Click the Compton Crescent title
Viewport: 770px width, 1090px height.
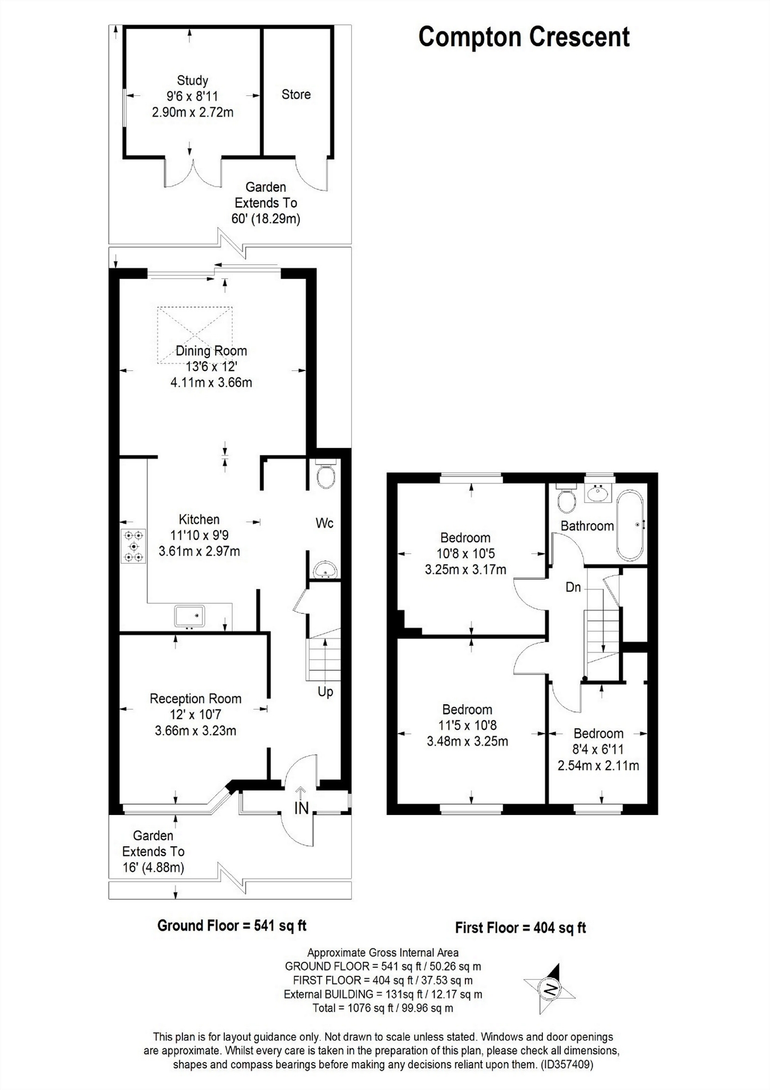click(x=524, y=38)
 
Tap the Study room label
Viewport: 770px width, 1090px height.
click(x=192, y=80)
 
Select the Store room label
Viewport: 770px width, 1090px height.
click(x=296, y=95)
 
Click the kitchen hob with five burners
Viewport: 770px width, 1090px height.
click(x=133, y=546)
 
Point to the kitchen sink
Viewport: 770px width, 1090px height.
click(x=189, y=616)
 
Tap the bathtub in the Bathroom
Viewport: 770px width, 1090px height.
click(x=630, y=524)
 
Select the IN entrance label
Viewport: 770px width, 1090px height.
click(x=301, y=808)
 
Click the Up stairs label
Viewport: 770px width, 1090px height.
click(x=325, y=692)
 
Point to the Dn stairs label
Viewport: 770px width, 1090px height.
click(x=573, y=587)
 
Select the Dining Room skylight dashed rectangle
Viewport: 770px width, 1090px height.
click(x=195, y=335)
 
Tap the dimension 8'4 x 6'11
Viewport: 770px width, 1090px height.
click(x=598, y=749)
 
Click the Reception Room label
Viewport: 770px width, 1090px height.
click(x=196, y=699)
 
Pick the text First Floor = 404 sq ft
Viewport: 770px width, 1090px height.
click(x=520, y=928)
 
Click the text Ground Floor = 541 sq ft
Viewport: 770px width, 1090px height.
click(x=232, y=926)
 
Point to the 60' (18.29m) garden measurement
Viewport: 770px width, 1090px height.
click(x=266, y=219)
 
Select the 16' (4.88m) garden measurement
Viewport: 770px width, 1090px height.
click(x=153, y=867)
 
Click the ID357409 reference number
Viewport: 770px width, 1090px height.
click(x=565, y=1064)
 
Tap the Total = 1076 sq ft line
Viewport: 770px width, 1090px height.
click(x=383, y=1008)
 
